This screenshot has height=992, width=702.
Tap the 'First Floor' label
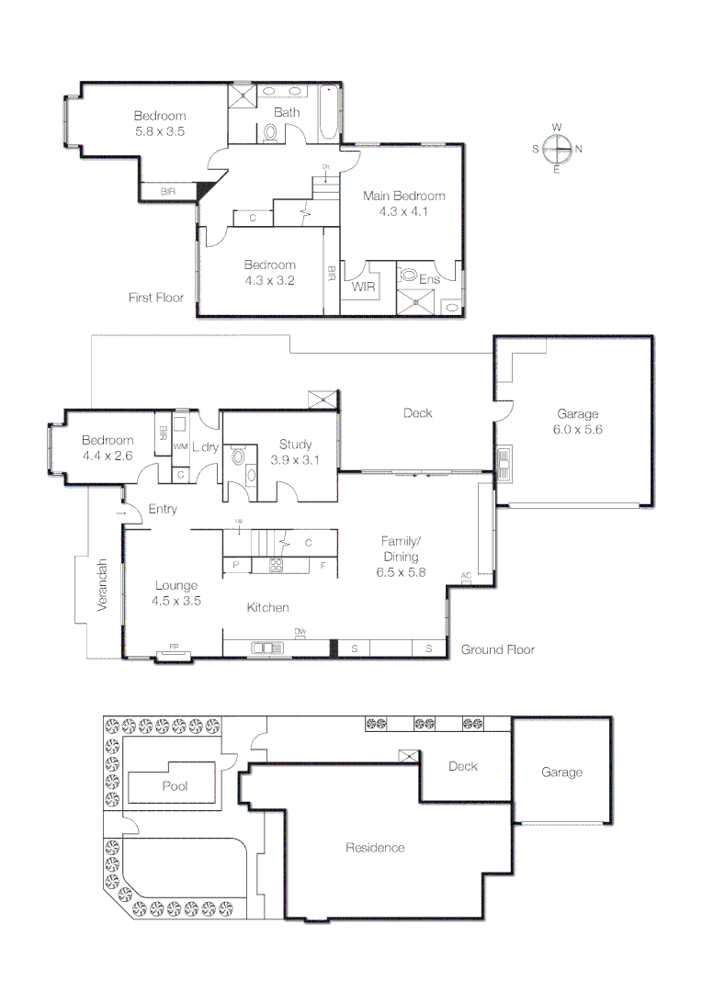156,298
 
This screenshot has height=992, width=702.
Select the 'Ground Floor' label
497,649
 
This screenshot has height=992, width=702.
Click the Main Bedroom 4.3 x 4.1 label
403,203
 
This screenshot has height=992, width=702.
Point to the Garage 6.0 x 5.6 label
576,422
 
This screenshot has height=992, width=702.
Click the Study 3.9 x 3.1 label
294,453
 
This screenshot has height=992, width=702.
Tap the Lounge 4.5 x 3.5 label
176,592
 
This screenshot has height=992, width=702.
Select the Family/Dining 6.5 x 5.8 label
401,557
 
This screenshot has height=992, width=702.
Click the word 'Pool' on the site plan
175,786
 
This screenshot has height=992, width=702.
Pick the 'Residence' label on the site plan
375,847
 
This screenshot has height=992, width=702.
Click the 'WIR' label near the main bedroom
362,286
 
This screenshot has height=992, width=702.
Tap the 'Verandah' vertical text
103,586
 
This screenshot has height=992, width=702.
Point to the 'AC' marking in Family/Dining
466,576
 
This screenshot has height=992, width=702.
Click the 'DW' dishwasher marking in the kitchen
300,631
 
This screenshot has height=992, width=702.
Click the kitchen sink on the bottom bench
267,648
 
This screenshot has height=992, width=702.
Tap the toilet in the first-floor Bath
270,134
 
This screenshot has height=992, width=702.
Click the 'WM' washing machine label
180,446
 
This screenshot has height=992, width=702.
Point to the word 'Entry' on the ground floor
163,509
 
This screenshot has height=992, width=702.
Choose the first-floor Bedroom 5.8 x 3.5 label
160,123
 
